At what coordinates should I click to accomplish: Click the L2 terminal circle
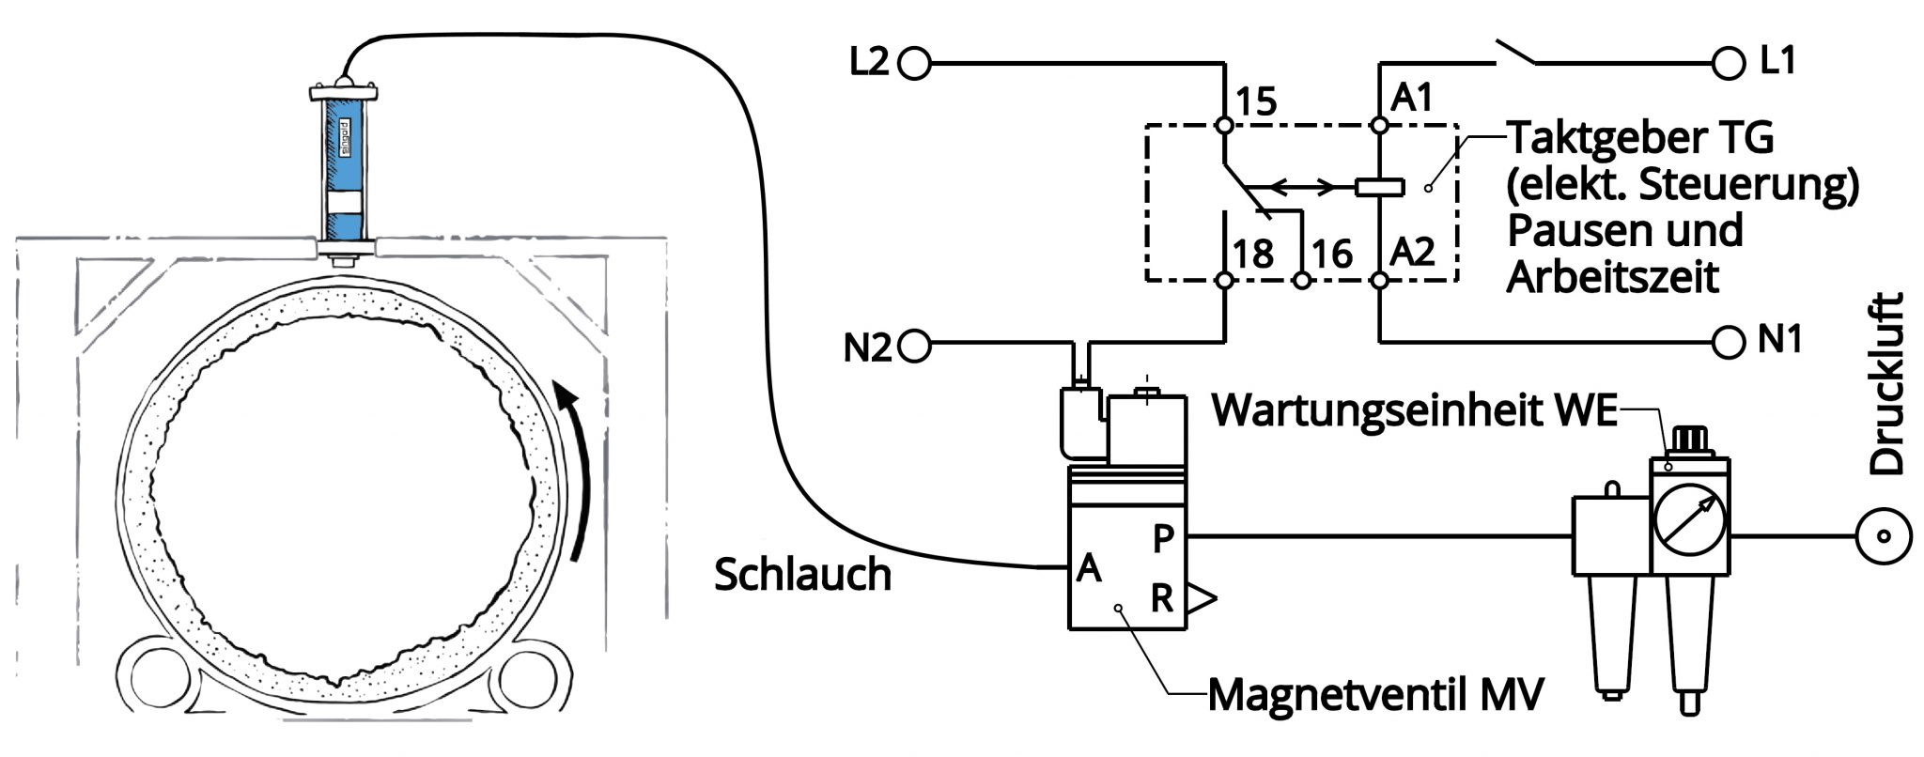914,64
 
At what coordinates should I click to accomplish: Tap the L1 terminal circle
1729,64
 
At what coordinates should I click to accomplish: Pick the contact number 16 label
1331,254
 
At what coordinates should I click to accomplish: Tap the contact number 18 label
1253,254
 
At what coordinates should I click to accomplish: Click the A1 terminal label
1412,98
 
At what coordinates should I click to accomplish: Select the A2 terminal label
1412,252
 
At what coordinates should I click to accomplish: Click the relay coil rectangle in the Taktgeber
1380,187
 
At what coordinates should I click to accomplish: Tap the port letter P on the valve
1163,539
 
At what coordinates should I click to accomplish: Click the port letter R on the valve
1162,598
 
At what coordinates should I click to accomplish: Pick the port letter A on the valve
1089,568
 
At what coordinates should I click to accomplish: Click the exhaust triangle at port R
1201,599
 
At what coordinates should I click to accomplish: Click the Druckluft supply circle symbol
1884,537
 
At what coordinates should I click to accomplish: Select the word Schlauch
802,575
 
